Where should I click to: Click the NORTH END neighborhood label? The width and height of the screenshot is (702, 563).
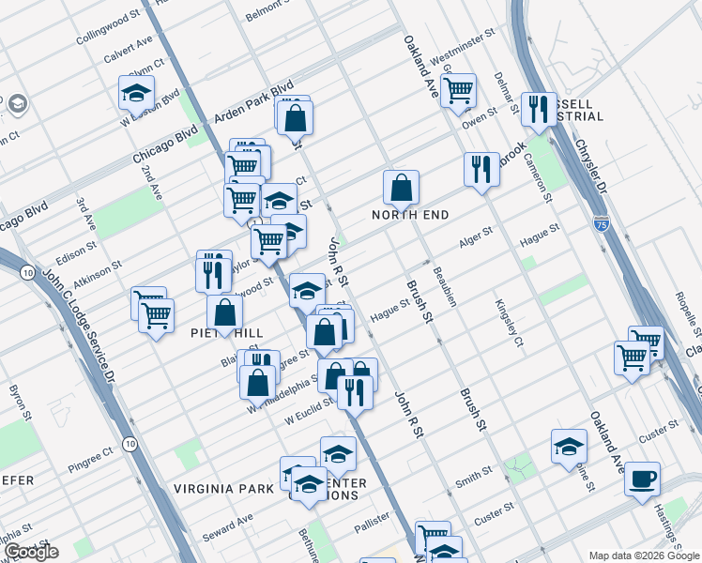point(409,215)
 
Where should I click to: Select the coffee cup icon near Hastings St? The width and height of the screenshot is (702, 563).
point(643,479)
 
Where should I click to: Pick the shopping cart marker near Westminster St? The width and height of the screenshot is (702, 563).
point(458,91)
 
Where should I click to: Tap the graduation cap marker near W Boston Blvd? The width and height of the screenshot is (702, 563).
point(136,93)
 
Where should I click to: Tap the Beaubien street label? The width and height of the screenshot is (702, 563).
point(444,286)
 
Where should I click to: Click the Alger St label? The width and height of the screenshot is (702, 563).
point(476,236)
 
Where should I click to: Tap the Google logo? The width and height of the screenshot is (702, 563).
point(30,552)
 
